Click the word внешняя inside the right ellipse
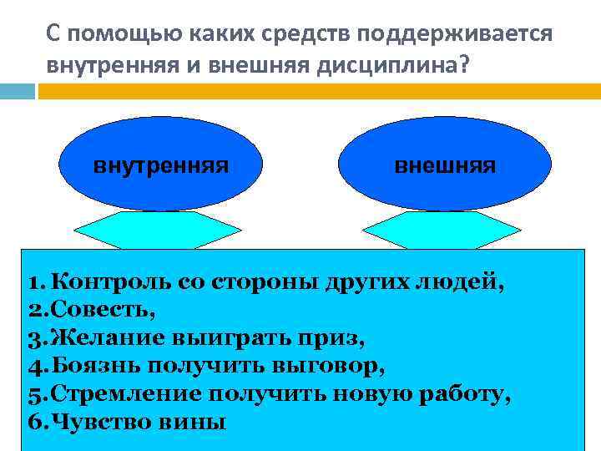[445, 165]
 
